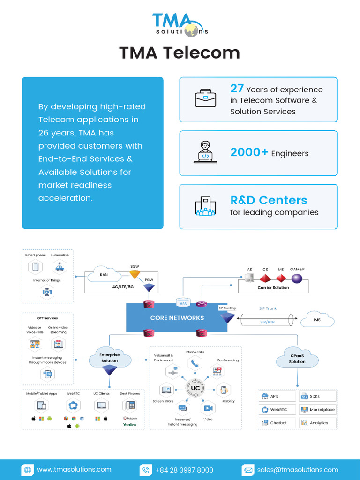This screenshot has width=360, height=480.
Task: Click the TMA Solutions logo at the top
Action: (180, 24)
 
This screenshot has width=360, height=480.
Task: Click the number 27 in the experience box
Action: (237, 89)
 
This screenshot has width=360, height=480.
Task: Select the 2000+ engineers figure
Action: (249, 152)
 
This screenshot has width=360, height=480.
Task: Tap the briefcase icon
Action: (205, 98)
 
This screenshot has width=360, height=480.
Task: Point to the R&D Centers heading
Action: (269, 200)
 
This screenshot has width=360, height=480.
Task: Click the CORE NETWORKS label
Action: (177, 318)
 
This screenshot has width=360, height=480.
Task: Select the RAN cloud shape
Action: (104, 275)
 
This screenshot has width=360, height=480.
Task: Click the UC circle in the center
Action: (195, 388)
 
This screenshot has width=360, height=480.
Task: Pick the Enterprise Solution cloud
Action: (110, 358)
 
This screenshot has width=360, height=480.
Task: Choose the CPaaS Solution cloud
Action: (297, 359)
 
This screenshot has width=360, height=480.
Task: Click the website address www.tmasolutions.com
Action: (74, 469)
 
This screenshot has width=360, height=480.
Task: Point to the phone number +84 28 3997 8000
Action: (184, 470)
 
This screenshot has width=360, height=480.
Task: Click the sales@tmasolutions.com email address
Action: (297, 470)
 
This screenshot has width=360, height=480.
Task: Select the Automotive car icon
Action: (60, 267)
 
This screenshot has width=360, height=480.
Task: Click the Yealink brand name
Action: (129, 424)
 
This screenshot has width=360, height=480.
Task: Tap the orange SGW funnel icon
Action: (135, 275)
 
